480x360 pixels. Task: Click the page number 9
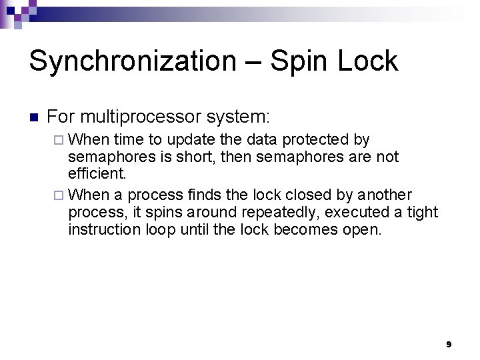pyautogui.click(x=449, y=344)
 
